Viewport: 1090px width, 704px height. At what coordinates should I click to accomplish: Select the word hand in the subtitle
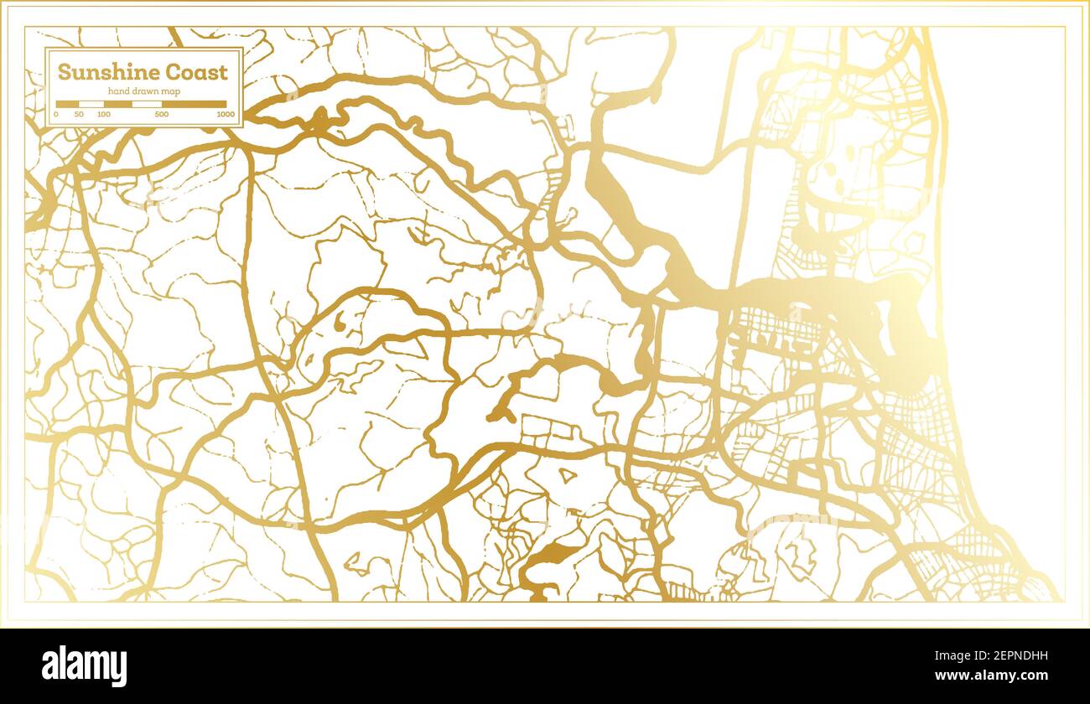(118, 91)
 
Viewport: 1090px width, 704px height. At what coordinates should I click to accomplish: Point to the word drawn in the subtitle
(145, 91)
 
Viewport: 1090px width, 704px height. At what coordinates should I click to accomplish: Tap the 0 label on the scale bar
(56, 114)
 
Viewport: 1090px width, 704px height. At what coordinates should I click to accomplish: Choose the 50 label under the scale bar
(79, 114)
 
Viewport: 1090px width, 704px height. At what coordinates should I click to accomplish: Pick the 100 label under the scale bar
(103, 114)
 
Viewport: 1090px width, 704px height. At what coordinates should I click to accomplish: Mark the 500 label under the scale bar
(162, 114)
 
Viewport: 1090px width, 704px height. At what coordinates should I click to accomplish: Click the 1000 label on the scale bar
(225, 114)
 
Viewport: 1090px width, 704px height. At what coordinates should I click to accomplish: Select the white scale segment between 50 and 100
(91, 104)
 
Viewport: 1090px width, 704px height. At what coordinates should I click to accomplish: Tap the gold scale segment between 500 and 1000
(194, 104)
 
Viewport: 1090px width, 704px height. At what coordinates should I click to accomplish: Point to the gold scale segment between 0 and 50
(67, 104)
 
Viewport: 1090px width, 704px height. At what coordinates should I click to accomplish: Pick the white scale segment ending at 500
(147, 104)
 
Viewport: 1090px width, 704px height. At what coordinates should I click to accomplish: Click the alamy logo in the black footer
(85, 666)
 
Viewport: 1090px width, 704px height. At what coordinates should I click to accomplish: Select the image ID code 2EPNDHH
(997, 657)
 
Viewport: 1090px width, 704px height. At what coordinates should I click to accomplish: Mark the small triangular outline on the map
(568, 476)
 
